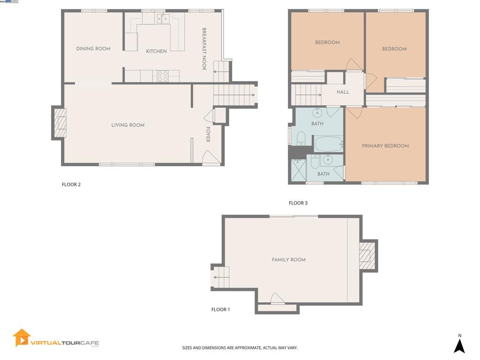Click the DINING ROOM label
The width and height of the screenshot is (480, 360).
[x=93, y=49]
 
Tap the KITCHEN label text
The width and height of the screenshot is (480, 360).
[x=156, y=52]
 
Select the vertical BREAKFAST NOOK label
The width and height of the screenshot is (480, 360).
[x=204, y=49]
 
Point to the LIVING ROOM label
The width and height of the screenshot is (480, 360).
[x=127, y=125]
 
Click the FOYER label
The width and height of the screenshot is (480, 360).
[x=208, y=135]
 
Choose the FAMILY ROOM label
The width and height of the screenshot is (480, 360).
[x=289, y=260]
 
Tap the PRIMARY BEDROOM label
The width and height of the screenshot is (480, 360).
[x=385, y=146]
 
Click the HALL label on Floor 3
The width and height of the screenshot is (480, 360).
[x=343, y=92]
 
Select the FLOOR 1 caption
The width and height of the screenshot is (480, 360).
[x=221, y=309]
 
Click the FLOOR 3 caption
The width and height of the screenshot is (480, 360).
[x=298, y=203]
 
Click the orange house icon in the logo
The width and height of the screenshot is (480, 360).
[x=22, y=337]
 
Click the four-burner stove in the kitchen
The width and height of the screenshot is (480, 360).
[x=163, y=76]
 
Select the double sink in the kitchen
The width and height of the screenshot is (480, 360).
[x=163, y=19]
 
